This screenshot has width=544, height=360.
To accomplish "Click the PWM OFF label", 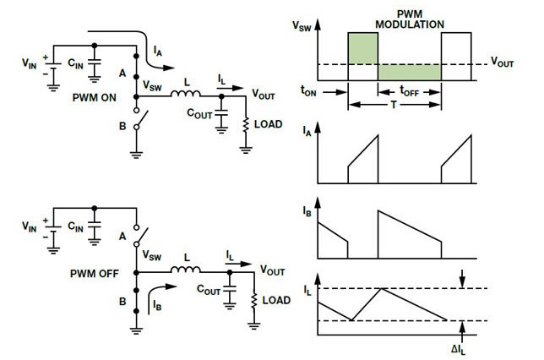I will click(x=94, y=273).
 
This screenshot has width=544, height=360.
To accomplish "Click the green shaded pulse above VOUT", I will click(x=362, y=47).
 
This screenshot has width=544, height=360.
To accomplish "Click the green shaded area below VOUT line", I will click(x=409, y=72).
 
